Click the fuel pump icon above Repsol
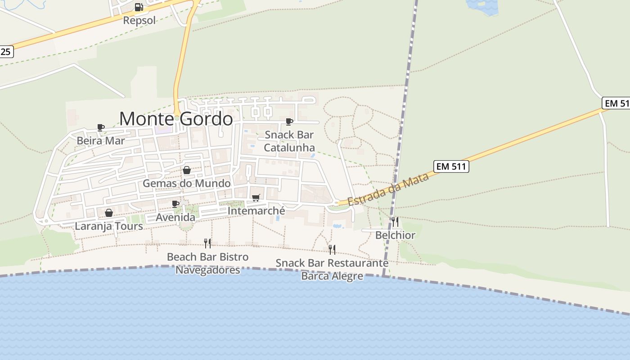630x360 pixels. click(139, 7)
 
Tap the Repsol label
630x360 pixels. click(139, 20)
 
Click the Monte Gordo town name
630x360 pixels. click(176, 119)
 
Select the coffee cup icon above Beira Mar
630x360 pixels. click(101, 128)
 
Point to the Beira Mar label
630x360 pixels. click(101, 140)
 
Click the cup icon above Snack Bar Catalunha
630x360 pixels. click(289, 121)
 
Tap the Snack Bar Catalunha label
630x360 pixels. click(289, 141)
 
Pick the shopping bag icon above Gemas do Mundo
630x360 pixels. click(187, 170)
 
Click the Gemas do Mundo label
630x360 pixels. click(187, 183)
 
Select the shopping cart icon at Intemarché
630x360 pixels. click(256, 198)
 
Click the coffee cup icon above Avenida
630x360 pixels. click(175, 204)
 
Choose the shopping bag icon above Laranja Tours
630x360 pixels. click(109, 213)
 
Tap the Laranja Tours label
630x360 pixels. click(109, 226)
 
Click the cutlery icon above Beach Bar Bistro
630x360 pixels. click(207, 243)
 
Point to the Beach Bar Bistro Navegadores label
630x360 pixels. click(207, 263)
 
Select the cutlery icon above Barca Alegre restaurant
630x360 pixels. click(332, 249)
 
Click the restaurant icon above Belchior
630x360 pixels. click(395, 221)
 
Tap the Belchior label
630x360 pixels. click(395, 235)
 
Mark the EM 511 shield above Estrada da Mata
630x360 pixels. click(452, 166)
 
